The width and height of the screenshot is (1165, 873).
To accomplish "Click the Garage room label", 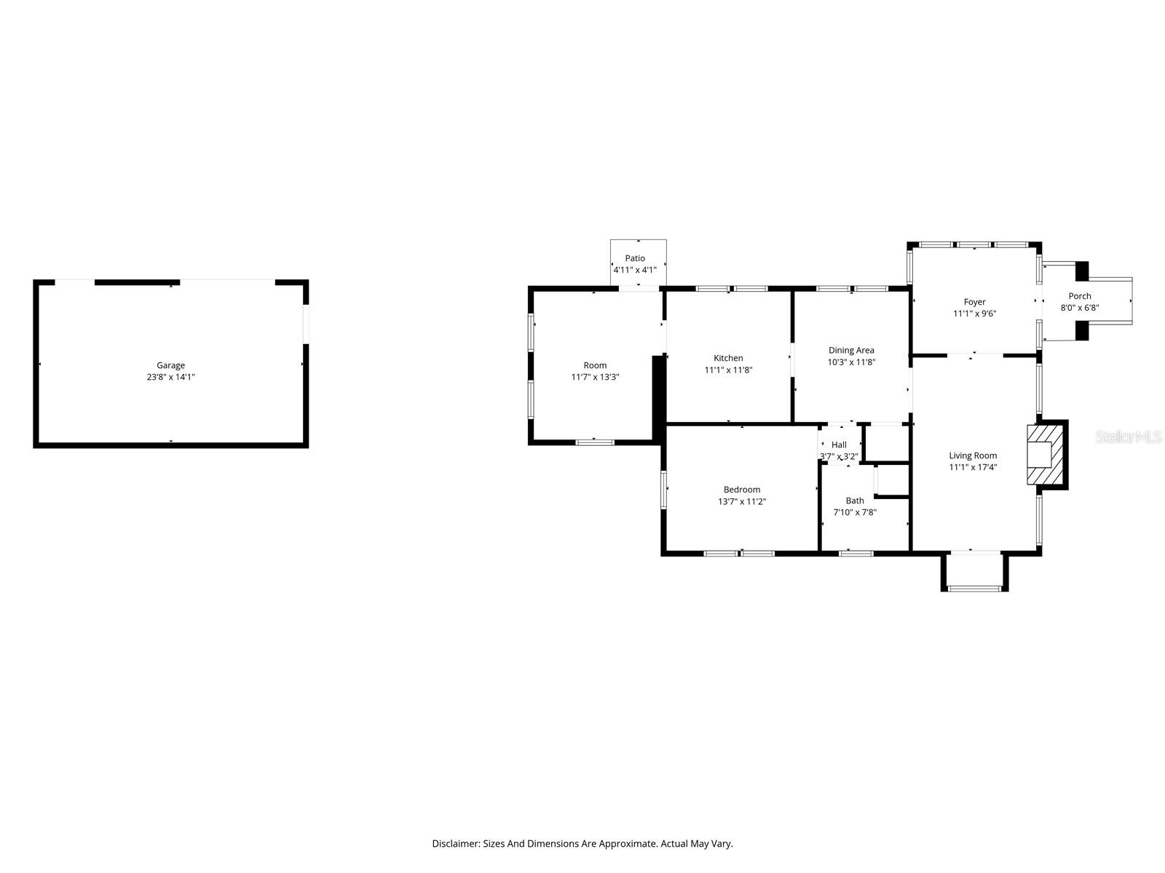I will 170,365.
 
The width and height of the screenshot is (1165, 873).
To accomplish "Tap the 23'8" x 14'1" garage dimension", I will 170,377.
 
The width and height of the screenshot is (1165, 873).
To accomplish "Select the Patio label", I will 635,258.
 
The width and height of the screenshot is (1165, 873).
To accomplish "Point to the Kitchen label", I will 728,358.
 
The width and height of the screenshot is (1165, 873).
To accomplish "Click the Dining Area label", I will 851,350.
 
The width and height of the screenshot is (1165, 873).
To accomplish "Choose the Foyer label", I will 974,302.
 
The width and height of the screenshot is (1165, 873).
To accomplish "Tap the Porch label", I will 1080,296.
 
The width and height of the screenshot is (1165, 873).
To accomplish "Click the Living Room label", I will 973,455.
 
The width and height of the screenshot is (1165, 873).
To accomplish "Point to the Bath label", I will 855,501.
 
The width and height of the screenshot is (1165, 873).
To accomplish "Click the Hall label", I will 839,445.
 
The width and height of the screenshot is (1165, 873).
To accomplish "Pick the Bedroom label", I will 742,490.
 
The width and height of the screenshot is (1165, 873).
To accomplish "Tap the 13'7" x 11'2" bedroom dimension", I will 742,501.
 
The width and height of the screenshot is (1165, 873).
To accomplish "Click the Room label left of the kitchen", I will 595,365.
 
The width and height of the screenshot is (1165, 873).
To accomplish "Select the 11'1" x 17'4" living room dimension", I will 973,467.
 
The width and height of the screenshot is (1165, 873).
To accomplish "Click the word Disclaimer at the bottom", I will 456,844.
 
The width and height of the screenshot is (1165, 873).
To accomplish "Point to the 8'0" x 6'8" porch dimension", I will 1080,308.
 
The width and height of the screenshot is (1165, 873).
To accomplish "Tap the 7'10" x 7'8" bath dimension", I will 855,512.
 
